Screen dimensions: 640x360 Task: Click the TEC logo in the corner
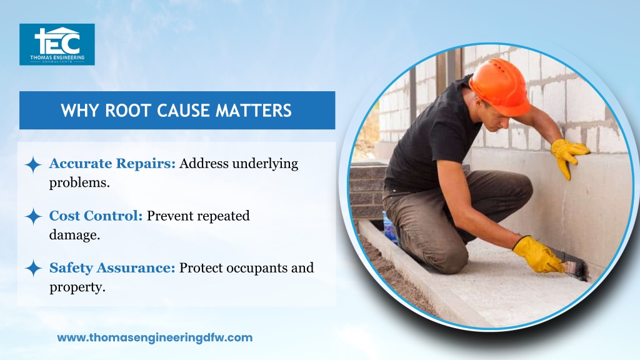pos(57,44)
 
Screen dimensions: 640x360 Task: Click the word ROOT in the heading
pos(126,111)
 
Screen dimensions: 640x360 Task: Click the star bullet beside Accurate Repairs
pos(33,164)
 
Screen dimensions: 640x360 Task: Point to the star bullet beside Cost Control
pos(33,216)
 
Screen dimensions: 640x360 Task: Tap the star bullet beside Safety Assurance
pos(33,269)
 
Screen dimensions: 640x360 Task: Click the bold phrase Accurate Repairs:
pos(112,163)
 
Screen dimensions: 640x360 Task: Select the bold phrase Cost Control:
pos(96,216)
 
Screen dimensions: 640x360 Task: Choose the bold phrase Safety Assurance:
pos(112,267)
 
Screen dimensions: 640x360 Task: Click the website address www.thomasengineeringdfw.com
pos(155,337)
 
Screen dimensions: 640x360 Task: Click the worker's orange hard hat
pos(501,85)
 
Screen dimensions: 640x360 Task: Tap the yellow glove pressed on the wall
pos(569,156)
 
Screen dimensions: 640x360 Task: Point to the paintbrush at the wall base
pos(575,269)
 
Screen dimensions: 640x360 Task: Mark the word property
pos(77,287)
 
